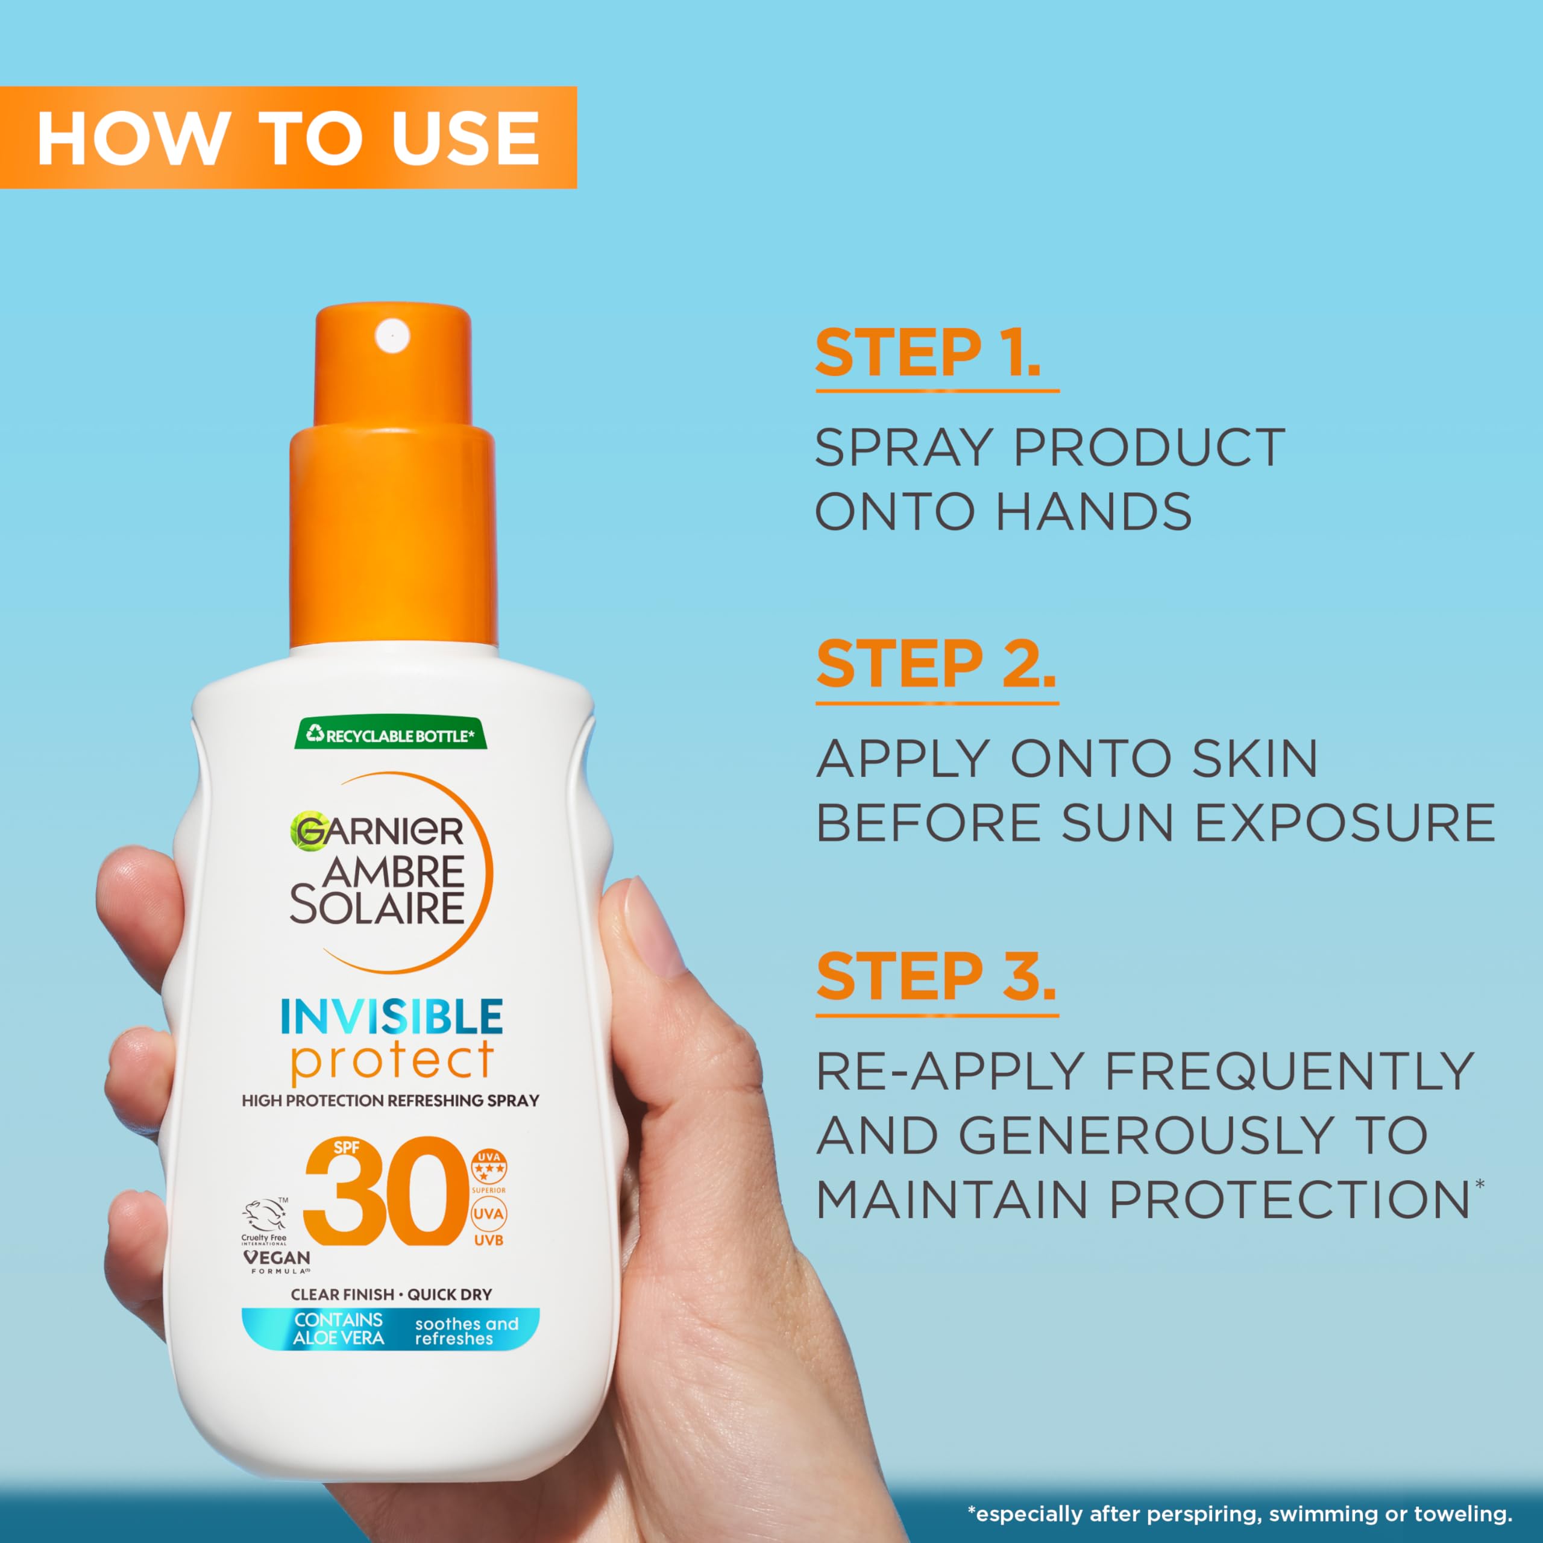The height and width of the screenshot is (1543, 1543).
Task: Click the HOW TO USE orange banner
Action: (288, 137)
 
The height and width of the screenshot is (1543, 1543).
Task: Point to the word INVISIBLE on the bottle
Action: (391, 1017)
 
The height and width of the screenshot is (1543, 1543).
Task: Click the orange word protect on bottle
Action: (391, 1061)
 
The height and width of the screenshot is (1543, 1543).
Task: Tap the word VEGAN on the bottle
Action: (276, 1257)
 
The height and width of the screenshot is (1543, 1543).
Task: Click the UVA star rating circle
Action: (488, 1167)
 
